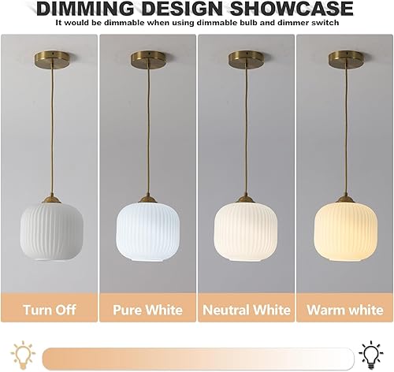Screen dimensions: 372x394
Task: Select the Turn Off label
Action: (x=48, y=309)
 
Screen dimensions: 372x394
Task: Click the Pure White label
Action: (x=147, y=309)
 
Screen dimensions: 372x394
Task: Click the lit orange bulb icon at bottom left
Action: (x=21, y=352)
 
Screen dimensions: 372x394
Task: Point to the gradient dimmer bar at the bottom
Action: (x=197, y=354)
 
